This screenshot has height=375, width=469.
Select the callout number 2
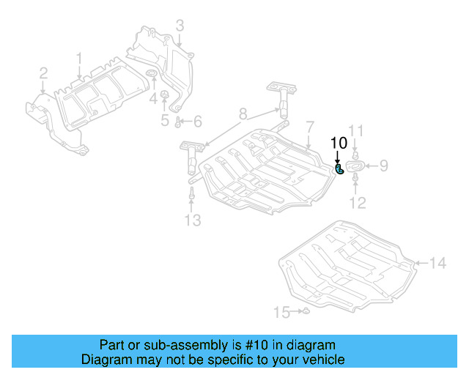pos(43,73)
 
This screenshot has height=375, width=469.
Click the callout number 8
pos(242,114)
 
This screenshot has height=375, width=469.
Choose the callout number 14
pos(437,262)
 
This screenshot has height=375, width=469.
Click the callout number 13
pos(191,220)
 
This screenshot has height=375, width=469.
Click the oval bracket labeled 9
pos(354,167)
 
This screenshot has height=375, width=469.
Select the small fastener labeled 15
pos(307,313)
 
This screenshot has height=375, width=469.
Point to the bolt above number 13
pos(191,195)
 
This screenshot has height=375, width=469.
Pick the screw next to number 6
pos(179,122)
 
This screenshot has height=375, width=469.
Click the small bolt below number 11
pos(355,155)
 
